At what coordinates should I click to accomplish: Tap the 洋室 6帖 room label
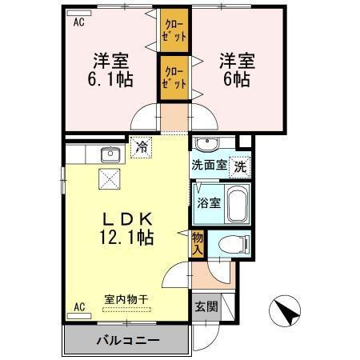(x=237, y=70)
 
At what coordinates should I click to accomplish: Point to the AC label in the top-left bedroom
(x=78, y=22)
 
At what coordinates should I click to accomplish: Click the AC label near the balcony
(x=79, y=306)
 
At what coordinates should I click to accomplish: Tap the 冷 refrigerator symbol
(x=142, y=147)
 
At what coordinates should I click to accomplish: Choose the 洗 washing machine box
(x=239, y=167)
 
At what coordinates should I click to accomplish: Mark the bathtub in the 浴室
(x=237, y=203)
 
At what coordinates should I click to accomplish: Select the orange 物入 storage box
(x=198, y=243)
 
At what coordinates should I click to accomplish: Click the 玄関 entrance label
(x=204, y=306)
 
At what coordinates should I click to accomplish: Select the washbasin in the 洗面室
(x=209, y=145)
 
